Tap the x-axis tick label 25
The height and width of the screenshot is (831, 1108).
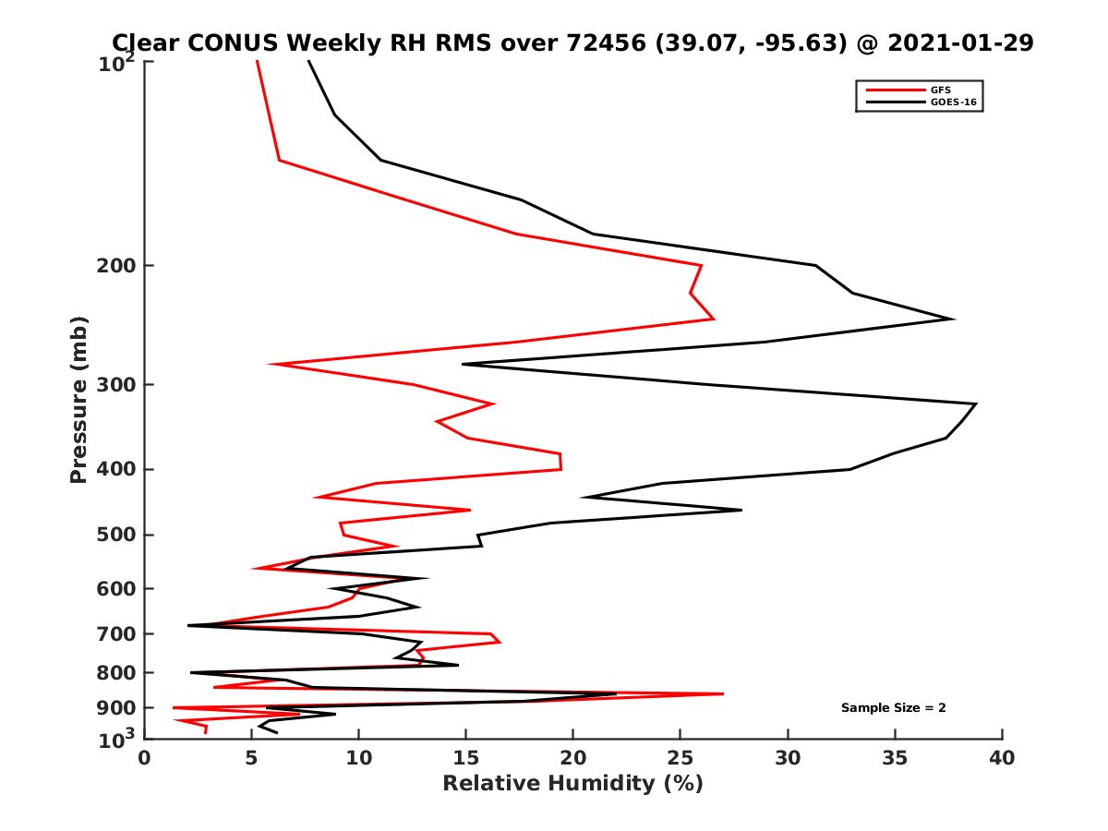point(680,758)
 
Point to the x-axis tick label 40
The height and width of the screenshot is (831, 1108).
point(1002,758)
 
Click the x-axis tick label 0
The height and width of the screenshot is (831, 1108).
point(144,758)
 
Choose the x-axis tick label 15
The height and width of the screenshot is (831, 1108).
point(465,758)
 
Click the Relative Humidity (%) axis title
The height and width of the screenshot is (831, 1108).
point(572,784)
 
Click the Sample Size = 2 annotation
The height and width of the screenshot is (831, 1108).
point(893,708)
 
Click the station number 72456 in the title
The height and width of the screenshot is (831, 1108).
point(602,42)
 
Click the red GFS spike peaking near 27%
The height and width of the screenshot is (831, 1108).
point(722,693)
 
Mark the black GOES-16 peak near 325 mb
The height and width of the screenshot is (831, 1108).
point(975,403)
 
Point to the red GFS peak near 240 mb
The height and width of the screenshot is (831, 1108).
point(713,319)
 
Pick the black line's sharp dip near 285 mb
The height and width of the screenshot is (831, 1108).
point(464,364)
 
